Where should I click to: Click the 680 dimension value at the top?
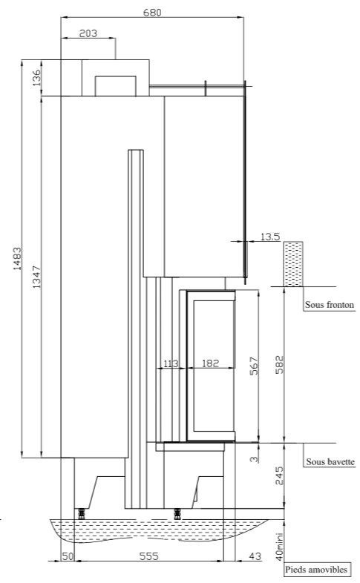pyautogui.click(x=152, y=13)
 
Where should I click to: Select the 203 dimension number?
pyautogui.click(x=88, y=33)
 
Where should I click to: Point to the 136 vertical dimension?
pyautogui.click(x=36, y=78)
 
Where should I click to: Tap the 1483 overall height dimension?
pyautogui.click(x=17, y=258)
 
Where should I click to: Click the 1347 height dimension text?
pyautogui.click(x=36, y=277)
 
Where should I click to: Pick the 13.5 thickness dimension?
pyautogui.click(x=270, y=237)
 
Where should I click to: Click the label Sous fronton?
pyautogui.click(x=330, y=305)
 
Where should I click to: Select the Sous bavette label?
pyautogui.click(x=330, y=462)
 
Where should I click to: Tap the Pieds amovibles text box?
pyautogui.click(x=316, y=569)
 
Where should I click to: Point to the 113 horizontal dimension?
pyautogui.click(x=171, y=363)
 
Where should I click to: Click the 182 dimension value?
pyautogui.click(x=210, y=363)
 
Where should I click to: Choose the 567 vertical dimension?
pyautogui.click(x=254, y=366)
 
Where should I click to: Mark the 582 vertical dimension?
pyautogui.click(x=279, y=364)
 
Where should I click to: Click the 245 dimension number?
pyautogui.click(x=279, y=476)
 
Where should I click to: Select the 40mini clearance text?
pyautogui.click(x=279, y=546)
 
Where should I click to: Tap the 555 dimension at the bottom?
pyautogui.click(x=148, y=556)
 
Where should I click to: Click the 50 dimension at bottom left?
pyautogui.click(x=68, y=556)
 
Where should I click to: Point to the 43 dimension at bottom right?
pyautogui.click(x=255, y=556)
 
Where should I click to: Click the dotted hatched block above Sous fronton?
pyautogui.click(x=293, y=264)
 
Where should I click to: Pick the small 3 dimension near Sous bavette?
pyautogui.click(x=254, y=459)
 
